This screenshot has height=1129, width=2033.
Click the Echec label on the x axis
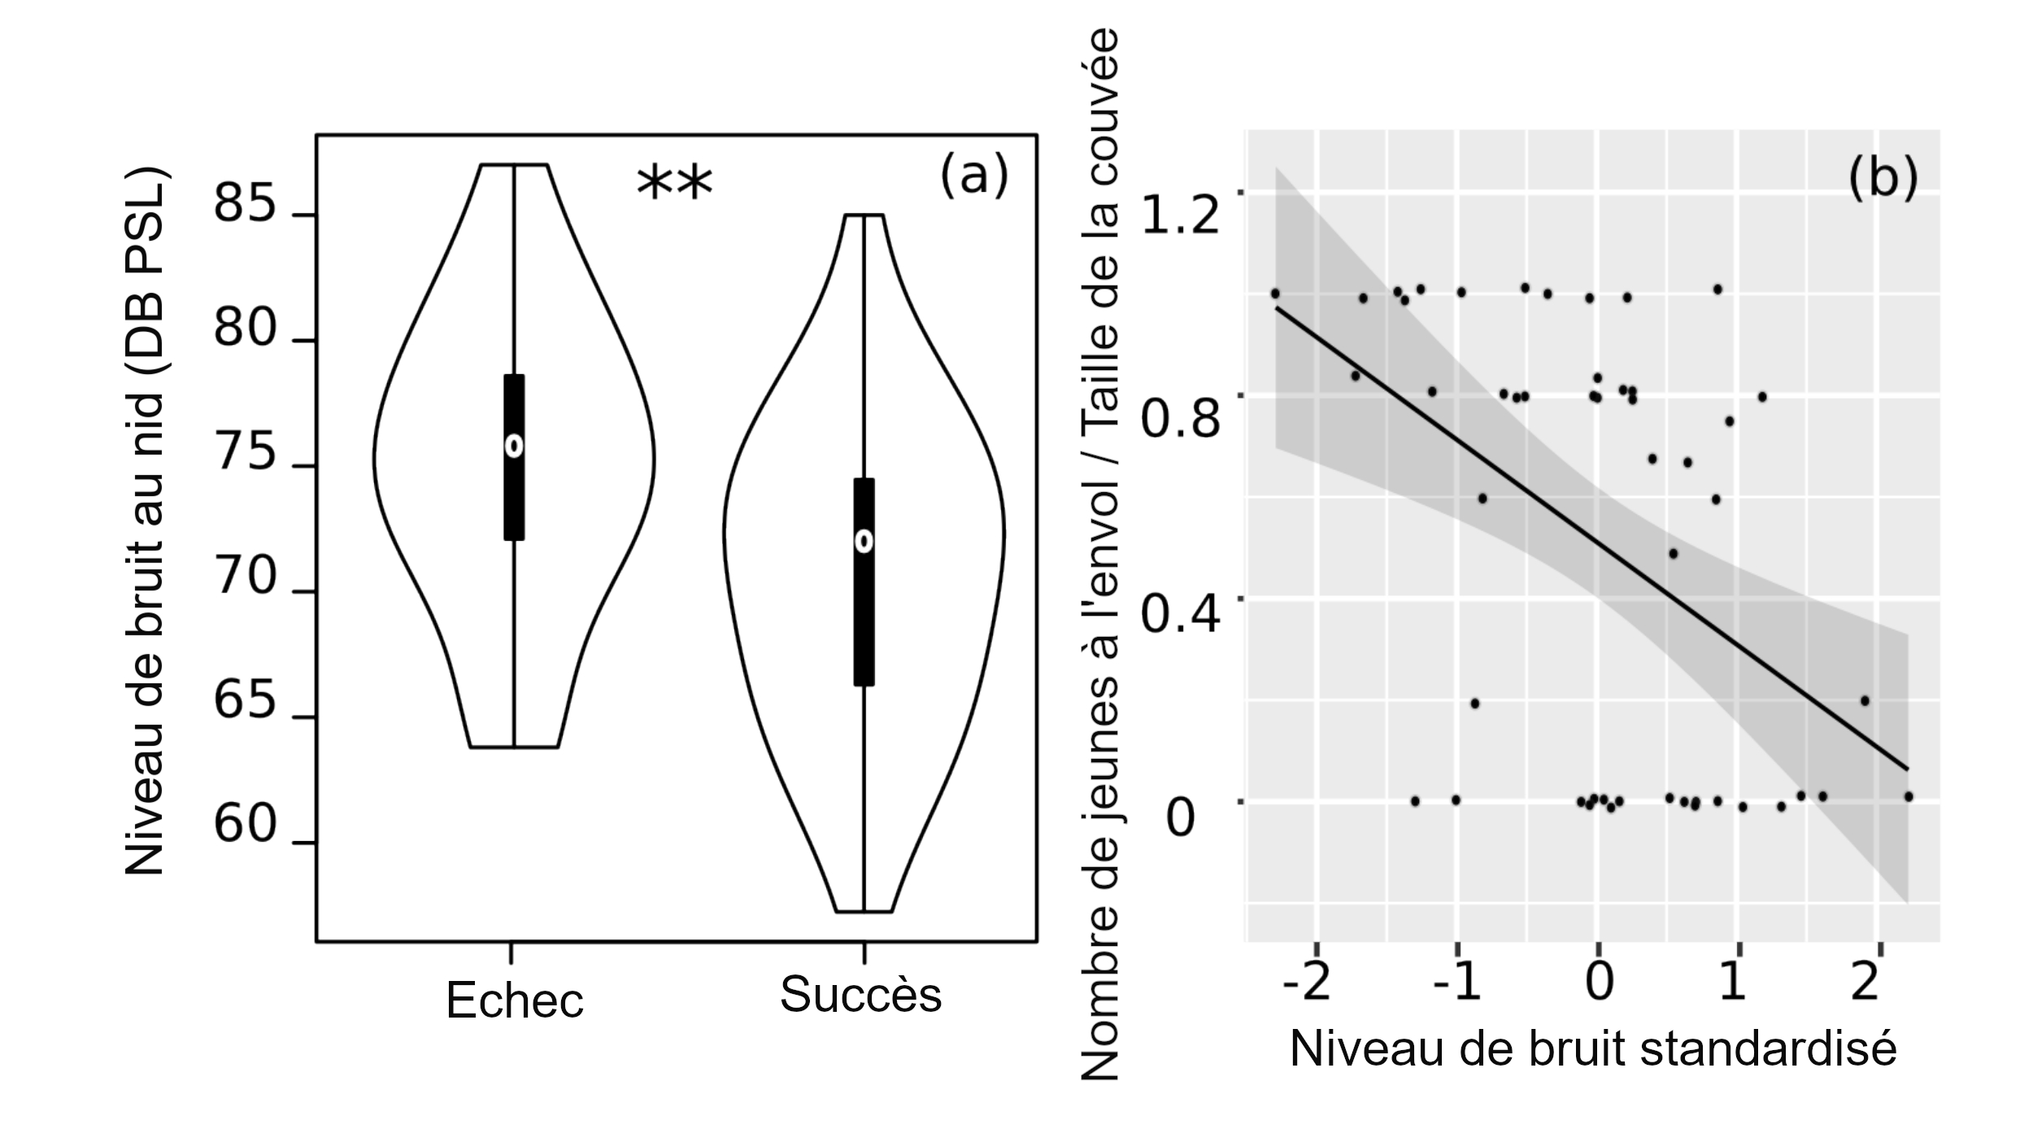click(x=515, y=1000)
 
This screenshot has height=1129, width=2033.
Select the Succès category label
click(x=860, y=994)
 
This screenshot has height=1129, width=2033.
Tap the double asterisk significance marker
click(x=674, y=184)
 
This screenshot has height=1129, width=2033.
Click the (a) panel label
click(x=973, y=176)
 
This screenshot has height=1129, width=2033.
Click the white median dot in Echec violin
click(x=514, y=446)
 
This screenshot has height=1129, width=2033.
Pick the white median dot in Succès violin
click(x=864, y=542)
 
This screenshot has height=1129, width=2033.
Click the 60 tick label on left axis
click(x=245, y=825)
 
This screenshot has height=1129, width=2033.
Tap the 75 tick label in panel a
click(x=245, y=452)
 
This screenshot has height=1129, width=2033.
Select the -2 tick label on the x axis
click(x=1307, y=983)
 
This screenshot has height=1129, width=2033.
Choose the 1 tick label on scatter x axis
click(x=1733, y=983)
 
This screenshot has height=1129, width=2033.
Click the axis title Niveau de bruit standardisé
click(x=1593, y=1049)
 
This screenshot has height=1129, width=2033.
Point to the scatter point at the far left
click(x=1275, y=294)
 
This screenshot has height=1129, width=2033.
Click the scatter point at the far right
click(x=1909, y=796)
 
